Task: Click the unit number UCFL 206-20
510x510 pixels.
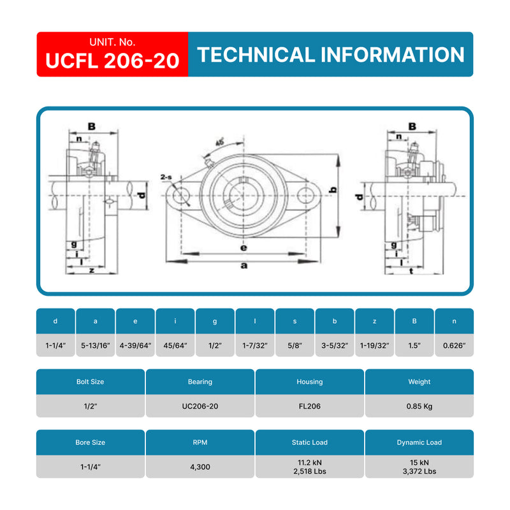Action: point(112,61)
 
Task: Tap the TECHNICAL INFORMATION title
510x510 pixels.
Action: point(331,55)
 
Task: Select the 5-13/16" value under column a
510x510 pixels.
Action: point(96,345)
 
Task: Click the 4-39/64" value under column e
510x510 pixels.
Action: point(135,345)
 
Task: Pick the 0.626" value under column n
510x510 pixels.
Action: point(455,345)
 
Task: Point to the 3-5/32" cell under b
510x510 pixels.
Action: point(335,345)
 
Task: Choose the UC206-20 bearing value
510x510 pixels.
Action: point(200,406)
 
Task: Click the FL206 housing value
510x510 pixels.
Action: point(310,406)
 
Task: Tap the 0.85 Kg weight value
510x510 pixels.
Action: point(419,406)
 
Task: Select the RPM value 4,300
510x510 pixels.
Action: point(200,467)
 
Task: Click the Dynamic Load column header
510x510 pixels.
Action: point(419,442)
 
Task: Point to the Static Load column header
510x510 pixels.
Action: point(310,442)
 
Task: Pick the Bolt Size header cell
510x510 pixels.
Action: point(91,382)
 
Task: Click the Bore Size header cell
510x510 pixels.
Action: point(91,442)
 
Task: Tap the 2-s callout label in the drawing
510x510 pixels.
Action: point(167,177)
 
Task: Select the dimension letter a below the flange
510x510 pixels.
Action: point(243,266)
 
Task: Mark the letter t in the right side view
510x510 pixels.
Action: point(411,270)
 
